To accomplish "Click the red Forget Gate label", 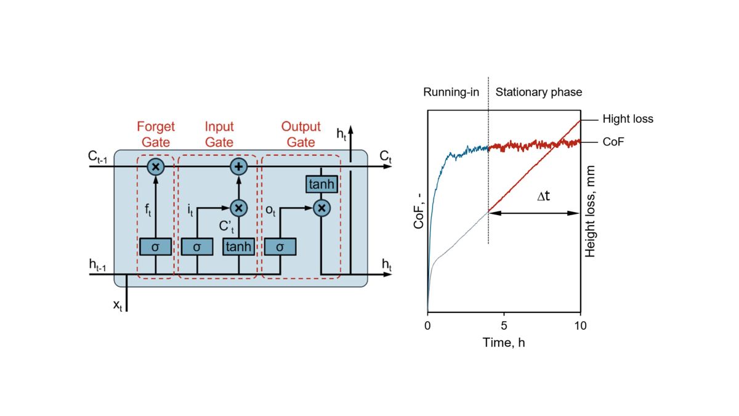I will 156,134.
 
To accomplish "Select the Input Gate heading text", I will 219,134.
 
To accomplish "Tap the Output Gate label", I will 301,134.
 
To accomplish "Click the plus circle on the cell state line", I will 238,166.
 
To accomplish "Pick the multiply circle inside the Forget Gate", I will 156,166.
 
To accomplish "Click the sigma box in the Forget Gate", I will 155,247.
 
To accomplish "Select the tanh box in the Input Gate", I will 238,247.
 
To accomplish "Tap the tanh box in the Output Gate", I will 321,184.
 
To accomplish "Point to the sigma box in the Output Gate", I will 280,247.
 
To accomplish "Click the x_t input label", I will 118,304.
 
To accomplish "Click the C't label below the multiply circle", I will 226,226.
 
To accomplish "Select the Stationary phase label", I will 539,92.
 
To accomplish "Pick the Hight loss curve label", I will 628,119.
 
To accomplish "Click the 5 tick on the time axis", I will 504,325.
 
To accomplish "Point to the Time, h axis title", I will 504,342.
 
